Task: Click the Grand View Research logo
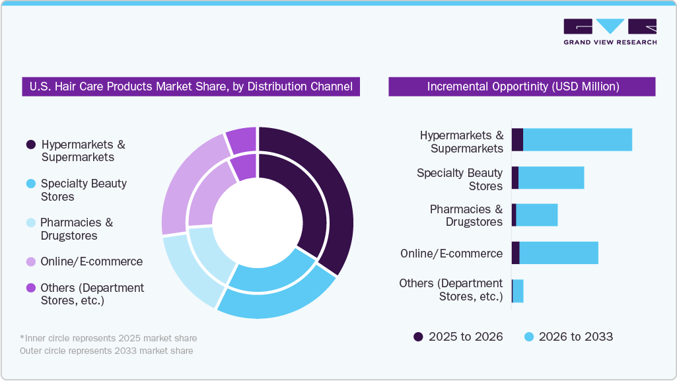click(x=610, y=32)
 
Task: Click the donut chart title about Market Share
click(x=191, y=87)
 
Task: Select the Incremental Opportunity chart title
click(x=522, y=87)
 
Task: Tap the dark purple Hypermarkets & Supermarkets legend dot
click(x=30, y=145)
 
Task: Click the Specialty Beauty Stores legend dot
click(x=30, y=184)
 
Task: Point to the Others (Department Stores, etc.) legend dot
click(x=30, y=288)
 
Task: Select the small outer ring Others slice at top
click(x=242, y=139)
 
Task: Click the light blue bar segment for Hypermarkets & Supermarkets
click(x=577, y=140)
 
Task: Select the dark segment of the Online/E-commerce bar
click(x=515, y=253)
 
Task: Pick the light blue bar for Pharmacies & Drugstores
click(x=536, y=215)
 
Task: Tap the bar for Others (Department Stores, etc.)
click(x=518, y=291)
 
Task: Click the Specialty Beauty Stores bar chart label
click(x=460, y=180)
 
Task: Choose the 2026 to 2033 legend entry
click(x=568, y=337)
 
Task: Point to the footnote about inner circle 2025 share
click(x=108, y=338)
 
